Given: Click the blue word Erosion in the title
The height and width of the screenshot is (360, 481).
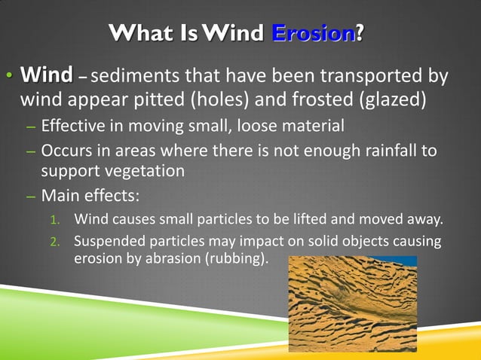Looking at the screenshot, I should tap(313, 34).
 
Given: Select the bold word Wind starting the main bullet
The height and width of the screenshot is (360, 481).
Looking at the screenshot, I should tap(47, 75).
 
